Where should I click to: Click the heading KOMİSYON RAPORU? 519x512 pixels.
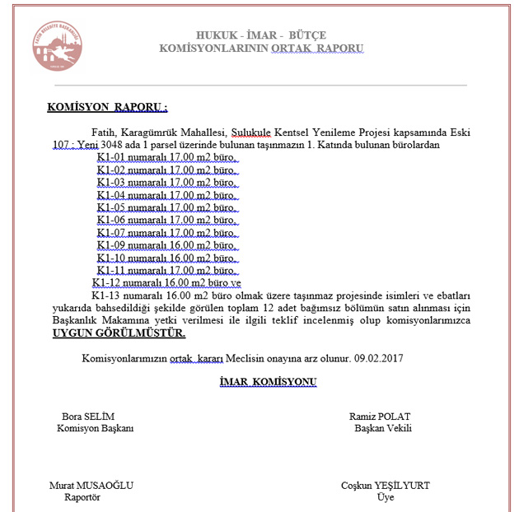click(x=107, y=108)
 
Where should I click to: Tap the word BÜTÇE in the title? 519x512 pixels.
click(x=306, y=35)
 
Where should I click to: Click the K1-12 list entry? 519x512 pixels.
click(x=168, y=282)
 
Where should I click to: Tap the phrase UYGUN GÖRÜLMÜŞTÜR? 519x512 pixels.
click(x=119, y=333)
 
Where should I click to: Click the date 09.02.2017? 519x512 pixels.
click(x=380, y=359)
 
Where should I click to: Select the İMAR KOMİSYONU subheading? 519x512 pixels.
click(x=268, y=382)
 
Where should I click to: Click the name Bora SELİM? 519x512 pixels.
click(x=91, y=416)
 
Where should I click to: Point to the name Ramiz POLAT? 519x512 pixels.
click(x=380, y=416)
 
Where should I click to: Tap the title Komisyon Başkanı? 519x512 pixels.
click(x=95, y=428)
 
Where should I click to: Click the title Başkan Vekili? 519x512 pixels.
click(x=383, y=428)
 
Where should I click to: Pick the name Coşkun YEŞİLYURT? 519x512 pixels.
click(x=385, y=485)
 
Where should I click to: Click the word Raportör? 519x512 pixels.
click(x=82, y=497)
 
